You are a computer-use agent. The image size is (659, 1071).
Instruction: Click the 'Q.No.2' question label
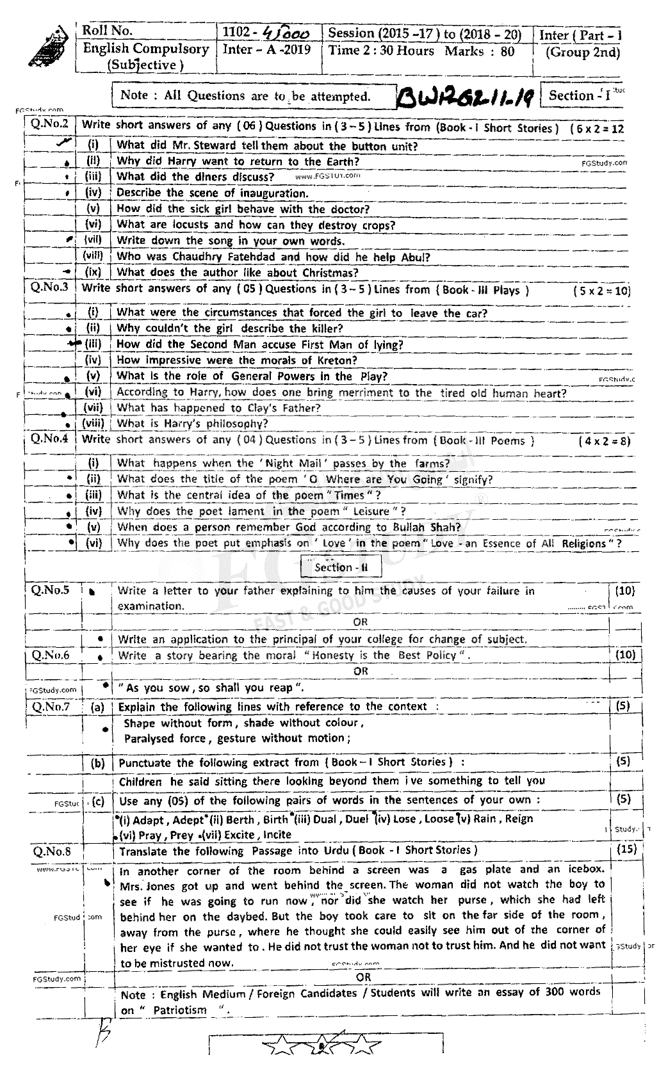click(x=50, y=124)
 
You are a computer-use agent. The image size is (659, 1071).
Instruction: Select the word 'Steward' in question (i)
click(x=213, y=146)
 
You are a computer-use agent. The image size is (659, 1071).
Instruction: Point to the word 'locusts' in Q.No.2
click(x=189, y=225)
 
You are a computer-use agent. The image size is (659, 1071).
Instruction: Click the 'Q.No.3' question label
click(x=50, y=287)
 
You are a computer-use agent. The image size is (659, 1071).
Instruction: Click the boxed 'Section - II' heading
click(x=342, y=567)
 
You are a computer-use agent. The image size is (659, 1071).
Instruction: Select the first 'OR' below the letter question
click(x=361, y=622)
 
